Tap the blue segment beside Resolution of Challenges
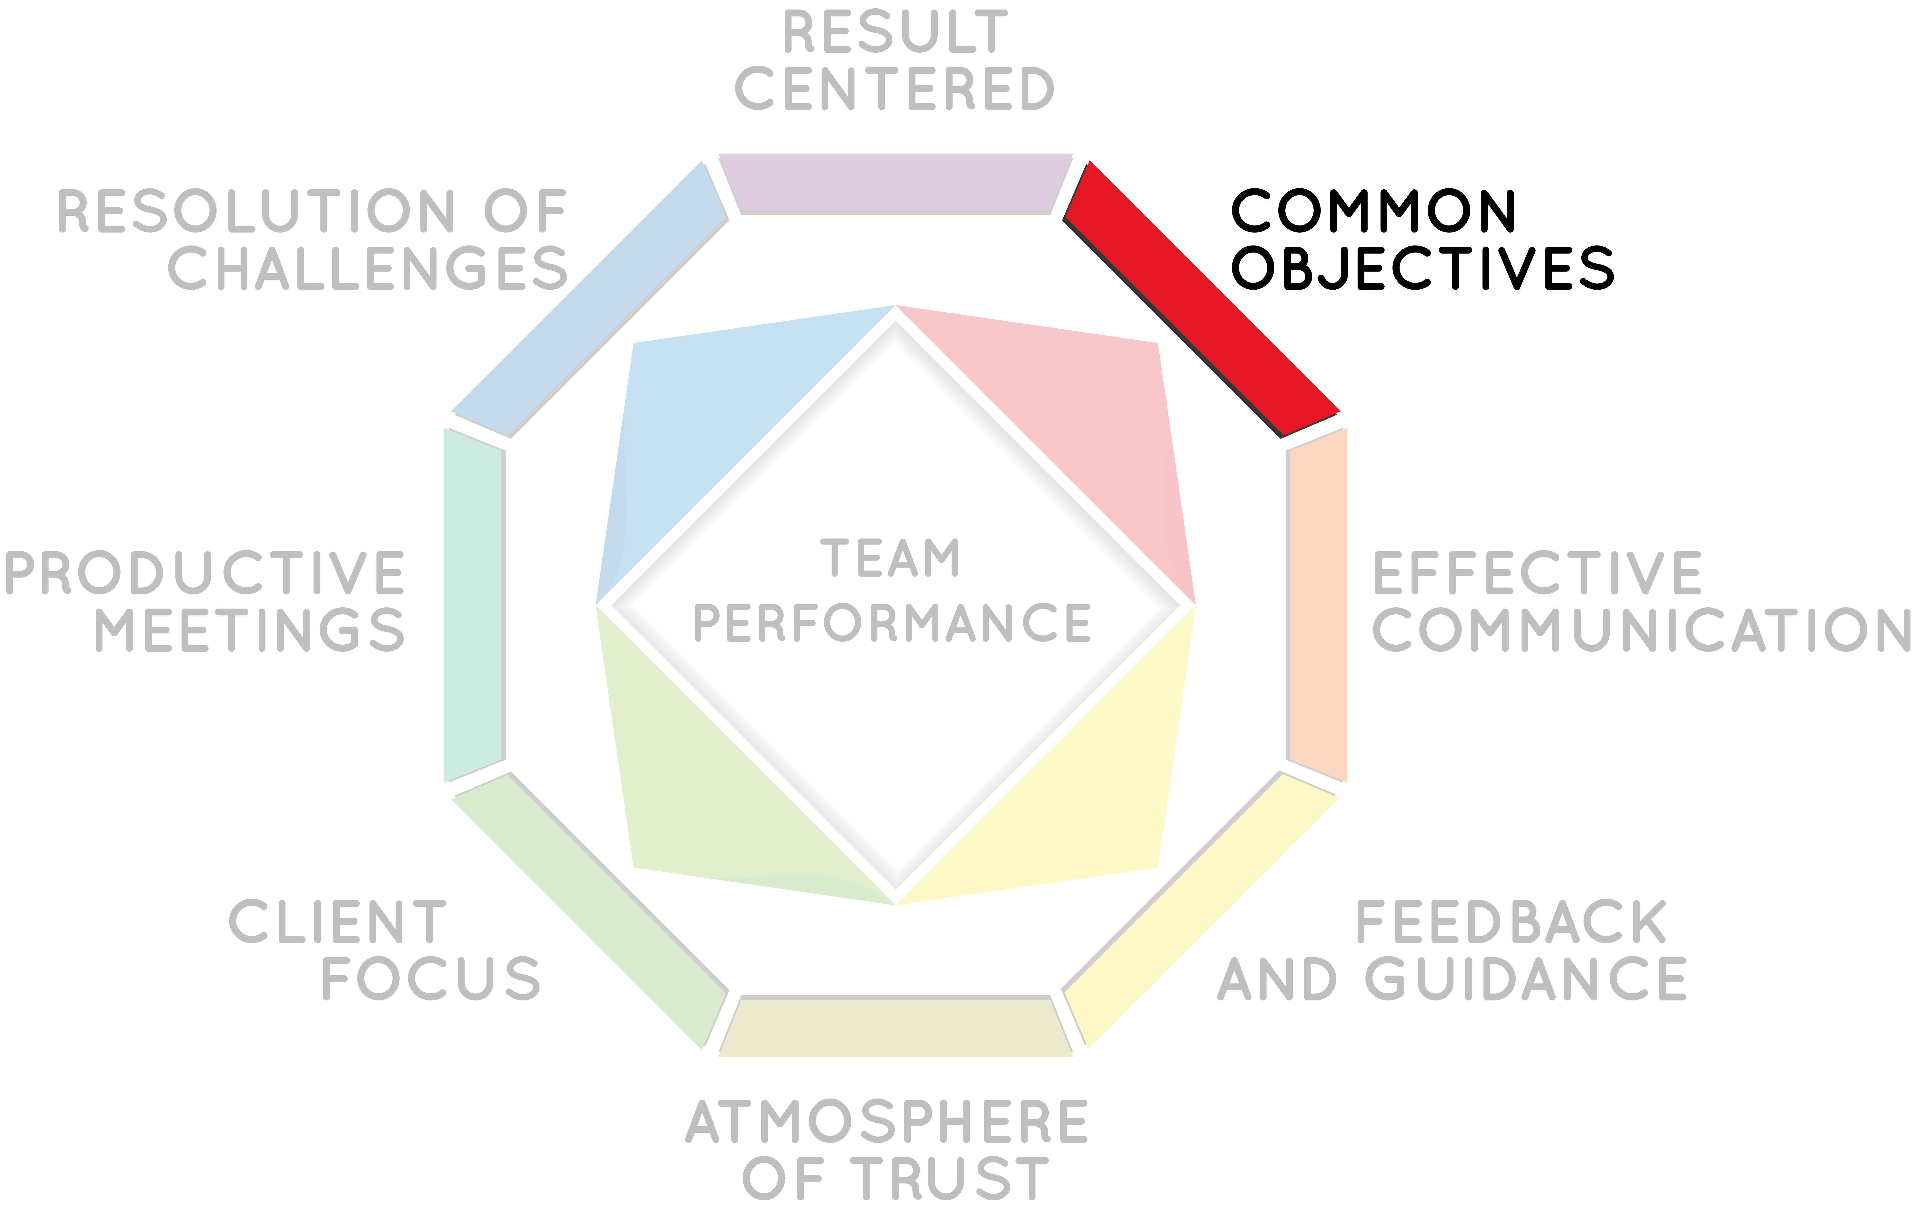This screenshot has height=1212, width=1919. [590, 299]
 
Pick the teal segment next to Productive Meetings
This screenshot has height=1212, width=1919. [474, 606]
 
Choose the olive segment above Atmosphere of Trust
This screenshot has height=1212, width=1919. [896, 1026]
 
